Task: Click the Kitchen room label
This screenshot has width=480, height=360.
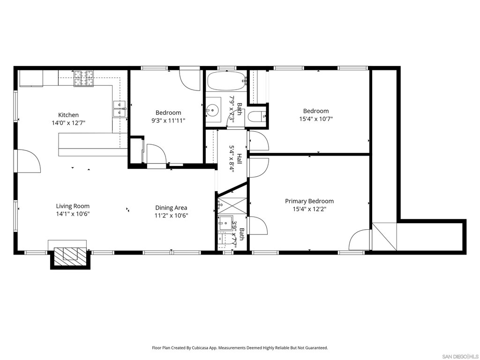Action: click(x=68, y=115)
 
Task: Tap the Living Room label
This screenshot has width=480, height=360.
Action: click(x=73, y=206)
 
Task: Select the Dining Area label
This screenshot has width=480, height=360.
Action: click(x=171, y=208)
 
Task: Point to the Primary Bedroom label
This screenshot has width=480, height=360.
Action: click(x=309, y=201)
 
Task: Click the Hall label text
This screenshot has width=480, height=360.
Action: click(x=239, y=159)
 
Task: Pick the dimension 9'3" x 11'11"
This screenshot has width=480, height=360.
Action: click(x=168, y=120)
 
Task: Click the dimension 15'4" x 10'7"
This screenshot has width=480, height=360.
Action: click(x=316, y=119)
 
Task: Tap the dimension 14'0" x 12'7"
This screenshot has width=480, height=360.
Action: click(x=68, y=123)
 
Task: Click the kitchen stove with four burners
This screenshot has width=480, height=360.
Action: click(x=83, y=78)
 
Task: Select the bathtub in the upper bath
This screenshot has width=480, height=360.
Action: click(x=226, y=81)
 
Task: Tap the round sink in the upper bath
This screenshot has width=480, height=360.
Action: click(x=212, y=109)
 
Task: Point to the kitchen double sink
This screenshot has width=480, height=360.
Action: click(x=120, y=109)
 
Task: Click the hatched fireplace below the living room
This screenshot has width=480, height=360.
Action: click(x=70, y=254)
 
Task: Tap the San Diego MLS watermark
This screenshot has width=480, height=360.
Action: click(x=460, y=356)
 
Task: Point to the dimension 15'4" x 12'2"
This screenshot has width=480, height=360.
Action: click(x=309, y=209)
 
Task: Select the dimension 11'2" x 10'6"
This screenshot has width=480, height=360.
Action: click(x=171, y=216)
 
